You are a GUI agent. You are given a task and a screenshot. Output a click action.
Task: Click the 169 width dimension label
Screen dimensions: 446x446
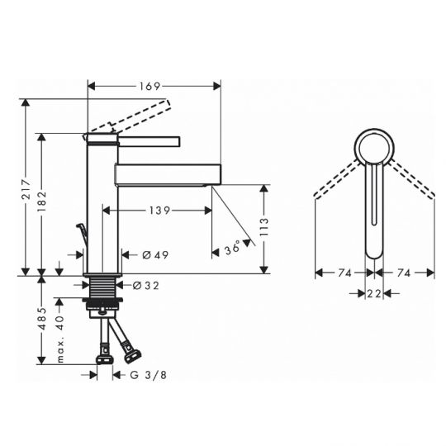click(149, 86)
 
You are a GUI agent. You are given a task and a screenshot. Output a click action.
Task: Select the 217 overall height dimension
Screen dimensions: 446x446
click(26, 189)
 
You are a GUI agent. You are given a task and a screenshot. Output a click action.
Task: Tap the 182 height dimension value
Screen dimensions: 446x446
click(42, 201)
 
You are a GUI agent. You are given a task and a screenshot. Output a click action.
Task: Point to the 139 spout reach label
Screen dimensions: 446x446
click(159, 211)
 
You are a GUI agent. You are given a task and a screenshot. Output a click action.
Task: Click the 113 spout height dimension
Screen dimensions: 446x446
click(264, 226)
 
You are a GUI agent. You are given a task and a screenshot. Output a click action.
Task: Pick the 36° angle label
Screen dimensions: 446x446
click(232, 248)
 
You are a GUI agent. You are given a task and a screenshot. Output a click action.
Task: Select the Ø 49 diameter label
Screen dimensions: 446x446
click(155, 255)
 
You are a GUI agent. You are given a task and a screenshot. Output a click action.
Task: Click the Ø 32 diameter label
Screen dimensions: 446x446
click(146, 285)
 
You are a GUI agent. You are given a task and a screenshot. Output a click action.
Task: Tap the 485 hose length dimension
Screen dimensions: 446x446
click(42, 319)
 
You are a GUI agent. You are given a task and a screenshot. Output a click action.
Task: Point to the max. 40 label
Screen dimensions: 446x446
click(60, 339)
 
